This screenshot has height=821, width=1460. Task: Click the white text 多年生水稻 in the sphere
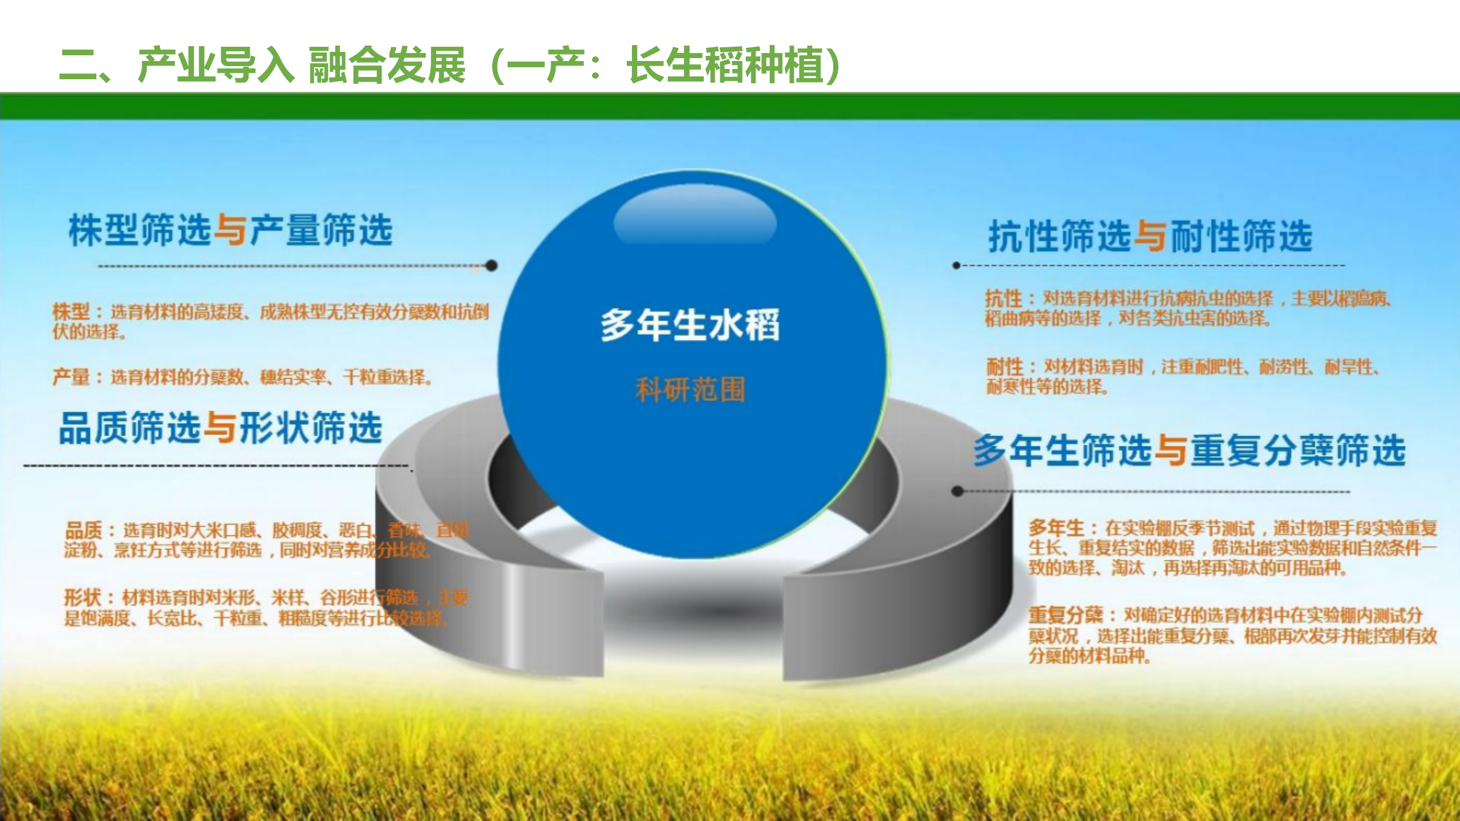[x=690, y=326]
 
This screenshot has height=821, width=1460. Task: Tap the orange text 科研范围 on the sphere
[x=690, y=391]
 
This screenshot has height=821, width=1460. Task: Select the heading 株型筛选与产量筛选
[x=230, y=231]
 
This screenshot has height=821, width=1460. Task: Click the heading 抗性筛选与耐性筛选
[x=1150, y=236]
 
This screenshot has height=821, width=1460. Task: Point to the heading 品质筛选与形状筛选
[x=220, y=428]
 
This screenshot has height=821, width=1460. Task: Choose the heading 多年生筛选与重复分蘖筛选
[x=1190, y=450]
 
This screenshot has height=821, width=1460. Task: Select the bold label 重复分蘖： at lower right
[x=1066, y=615]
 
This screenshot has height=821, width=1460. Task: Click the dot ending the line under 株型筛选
[x=492, y=265]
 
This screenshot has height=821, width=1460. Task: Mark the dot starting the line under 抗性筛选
[x=957, y=265]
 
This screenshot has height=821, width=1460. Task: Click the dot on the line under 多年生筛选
[x=958, y=491]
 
